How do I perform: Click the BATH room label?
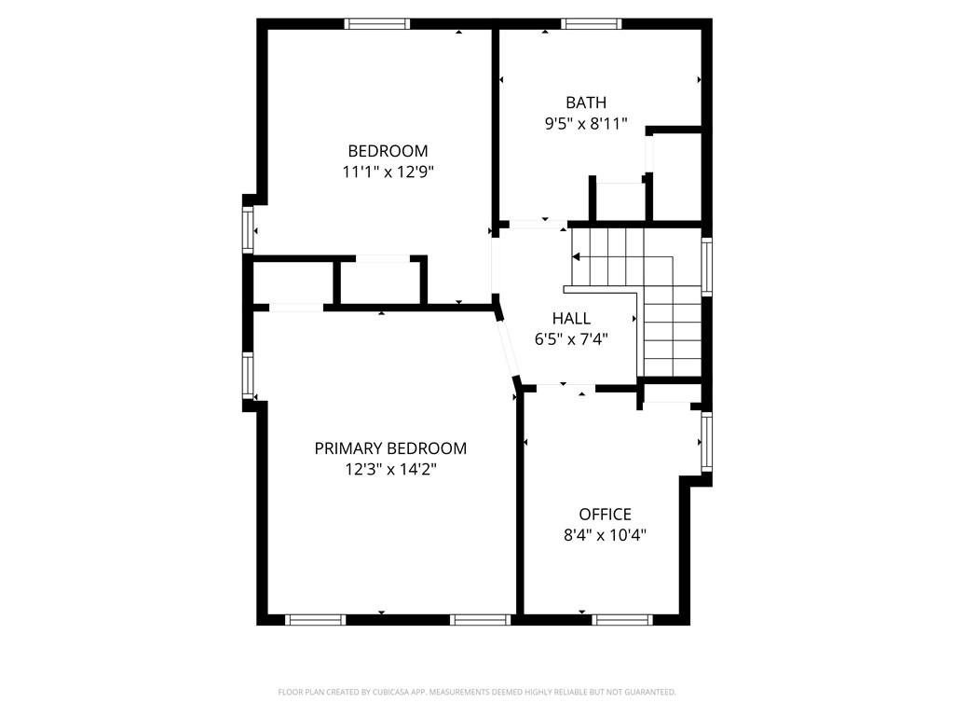[x=586, y=103]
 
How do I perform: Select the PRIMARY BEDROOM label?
[x=390, y=448]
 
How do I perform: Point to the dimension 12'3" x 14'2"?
[x=390, y=470]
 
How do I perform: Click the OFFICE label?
[x=605, y=515]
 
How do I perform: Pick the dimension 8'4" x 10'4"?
[x=605, y=535]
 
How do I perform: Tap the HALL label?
[x=571, y=319]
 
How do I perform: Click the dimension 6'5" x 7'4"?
[x=571, y=339]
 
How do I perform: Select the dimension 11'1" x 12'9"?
[x=388, y=172]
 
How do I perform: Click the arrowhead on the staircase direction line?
[x=577, y=256]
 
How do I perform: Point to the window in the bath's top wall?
[x=592, y=24]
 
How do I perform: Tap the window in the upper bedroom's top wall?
[x=377, y=24]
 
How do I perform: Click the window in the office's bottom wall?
[x=622, y=619]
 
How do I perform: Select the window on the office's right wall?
[x=707, y=442]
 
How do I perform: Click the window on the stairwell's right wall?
[x=707, y=268]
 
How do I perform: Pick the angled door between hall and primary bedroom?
[x=508, y=347]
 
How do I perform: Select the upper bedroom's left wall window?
[x=249, y=229]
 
